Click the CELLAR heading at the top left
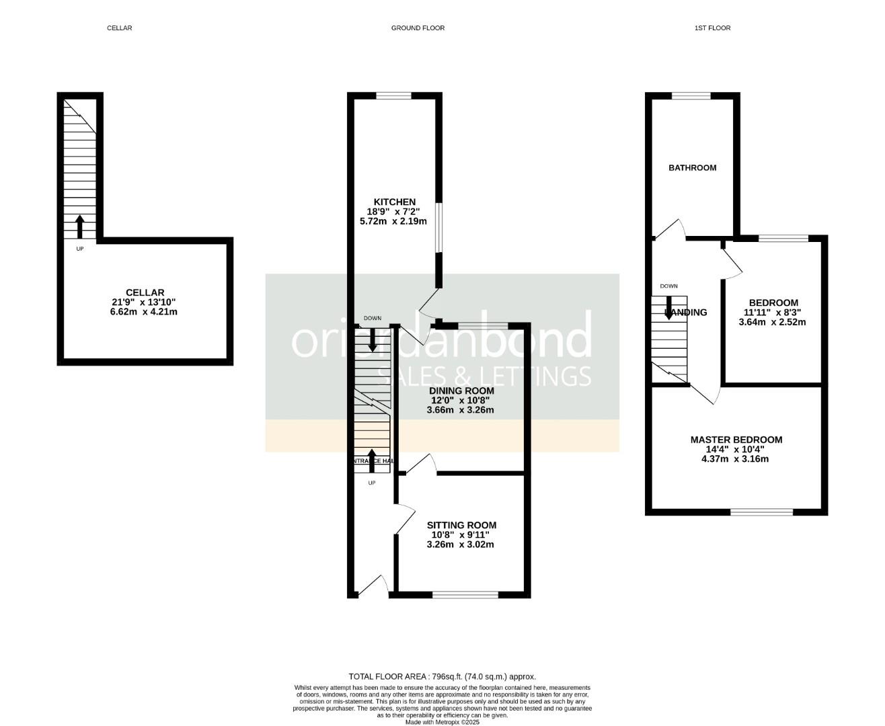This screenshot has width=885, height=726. tap(120, 28)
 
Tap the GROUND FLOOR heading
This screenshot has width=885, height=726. tap(418, 28)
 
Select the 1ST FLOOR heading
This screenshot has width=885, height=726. tap(713, 28)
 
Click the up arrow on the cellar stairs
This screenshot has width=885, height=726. tap(79, 227)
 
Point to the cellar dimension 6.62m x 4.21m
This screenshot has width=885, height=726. tap(144, 312)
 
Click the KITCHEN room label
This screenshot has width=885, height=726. tap(395, 202)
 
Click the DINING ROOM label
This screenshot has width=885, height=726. tap(461, 391)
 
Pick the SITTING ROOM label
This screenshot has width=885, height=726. tap(461, 525)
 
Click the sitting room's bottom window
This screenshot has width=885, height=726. tap(465, 594)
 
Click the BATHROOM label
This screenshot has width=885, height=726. tap(692, 167)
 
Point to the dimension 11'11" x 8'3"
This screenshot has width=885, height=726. tap(772, 313)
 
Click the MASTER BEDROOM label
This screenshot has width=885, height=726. tap(736, 440)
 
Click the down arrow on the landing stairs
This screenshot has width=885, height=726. tap(668, 310)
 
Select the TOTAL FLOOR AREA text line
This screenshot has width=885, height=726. tap(442, 677)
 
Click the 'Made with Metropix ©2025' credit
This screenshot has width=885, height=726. tap(442, 722)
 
